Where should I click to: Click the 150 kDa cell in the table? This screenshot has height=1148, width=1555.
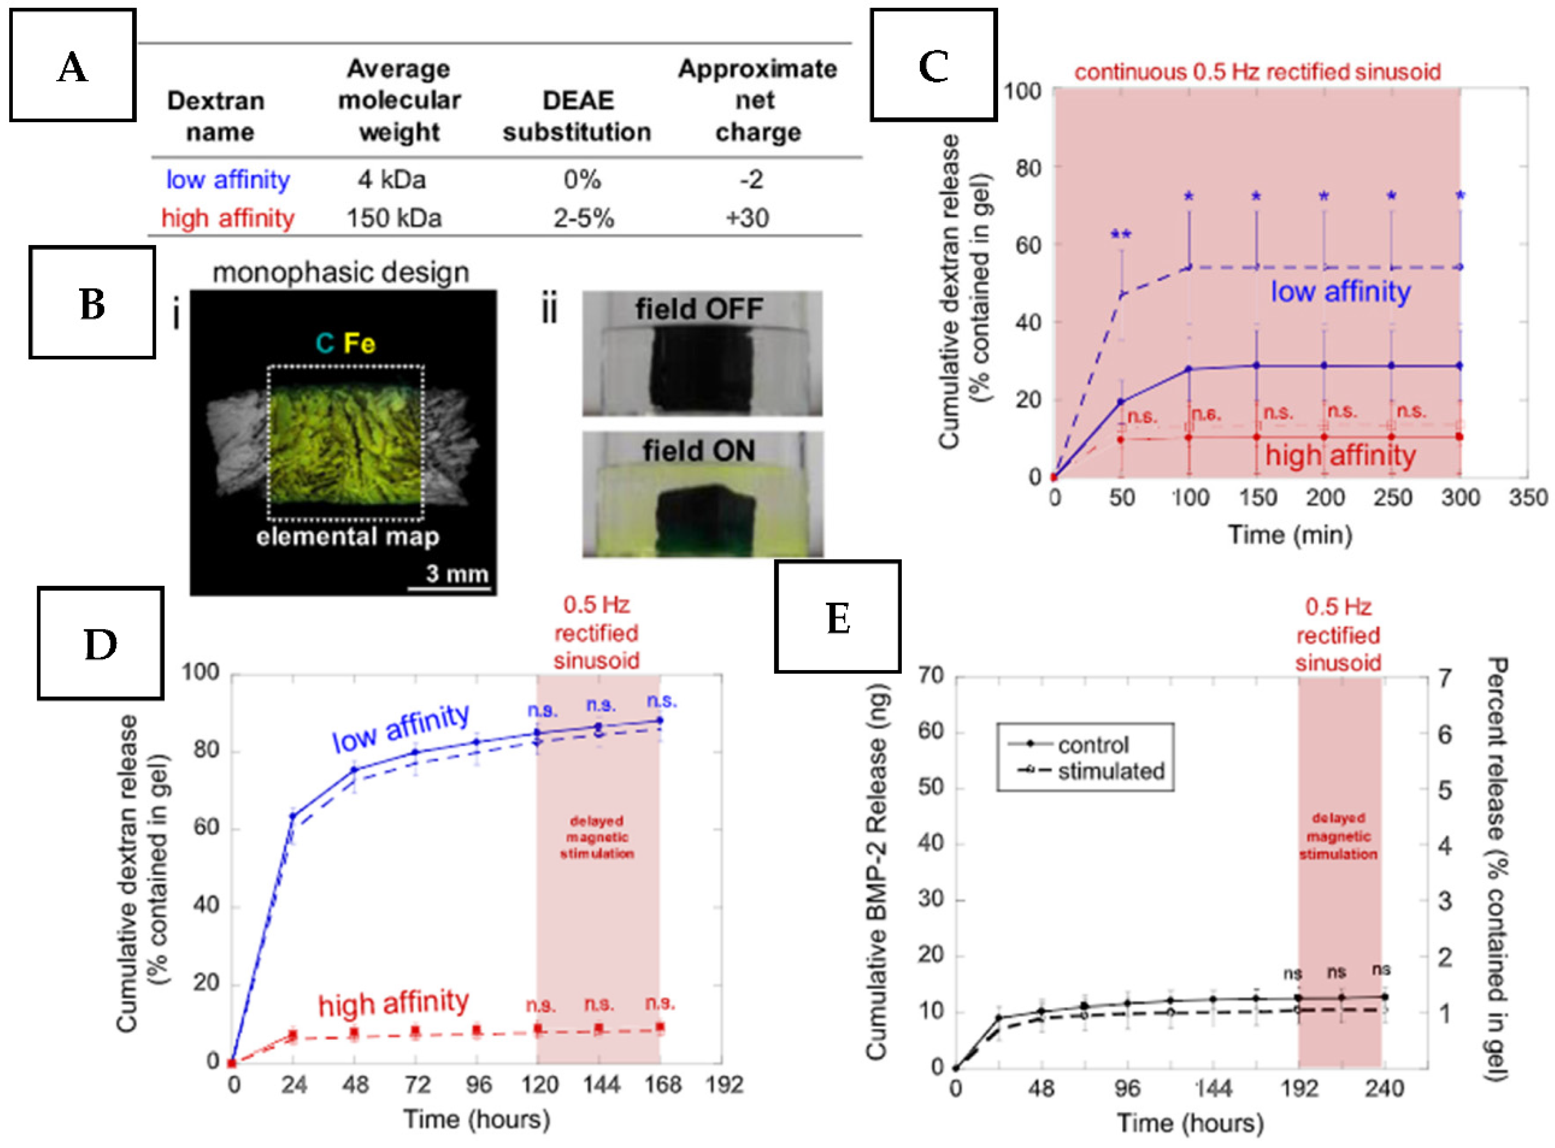tap(394, 218)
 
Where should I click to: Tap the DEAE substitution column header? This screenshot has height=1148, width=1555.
tap(577, 116)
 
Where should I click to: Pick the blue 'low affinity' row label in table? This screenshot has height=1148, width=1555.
tap(227, 180)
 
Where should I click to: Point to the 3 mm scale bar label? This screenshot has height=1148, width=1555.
tap(457, 573)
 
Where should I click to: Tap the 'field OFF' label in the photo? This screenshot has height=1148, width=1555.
tap(699, 309)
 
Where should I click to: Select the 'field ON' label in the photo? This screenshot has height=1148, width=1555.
tap(699, 451)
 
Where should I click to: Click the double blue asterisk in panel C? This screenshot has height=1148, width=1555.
tap(1120, 235)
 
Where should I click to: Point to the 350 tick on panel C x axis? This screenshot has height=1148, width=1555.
tap(1527, 497)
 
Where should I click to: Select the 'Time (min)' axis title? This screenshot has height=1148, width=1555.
tap(1290, 534)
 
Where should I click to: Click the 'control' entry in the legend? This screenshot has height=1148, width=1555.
tap(1093, 745)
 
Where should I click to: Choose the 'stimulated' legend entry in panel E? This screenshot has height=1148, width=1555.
tap(1110, 772)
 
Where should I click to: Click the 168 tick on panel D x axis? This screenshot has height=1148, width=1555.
tap(662, 1085)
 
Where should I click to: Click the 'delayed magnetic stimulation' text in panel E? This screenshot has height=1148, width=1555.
tap(1338, 836)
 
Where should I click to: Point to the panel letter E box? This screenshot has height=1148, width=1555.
tap(838, 617)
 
